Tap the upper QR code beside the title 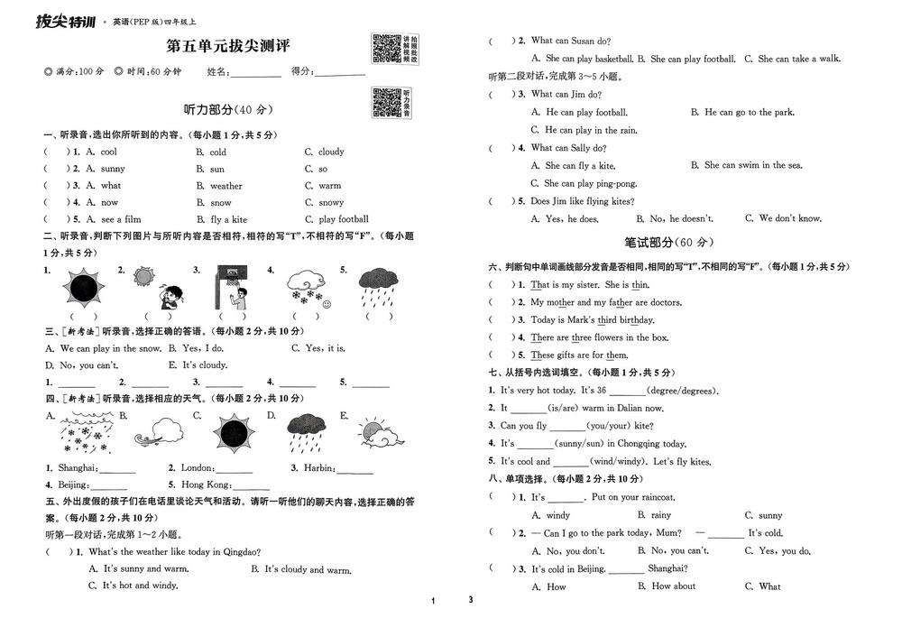click(386, 48)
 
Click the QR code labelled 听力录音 click(386, 102)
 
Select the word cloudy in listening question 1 click(331, 152)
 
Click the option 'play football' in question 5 click(344, 219)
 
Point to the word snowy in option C click(331, 203)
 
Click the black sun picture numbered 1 click(83, 288)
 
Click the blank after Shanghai click(118, 471)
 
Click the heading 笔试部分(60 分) click(668, 243)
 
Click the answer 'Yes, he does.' click(571, 219)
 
